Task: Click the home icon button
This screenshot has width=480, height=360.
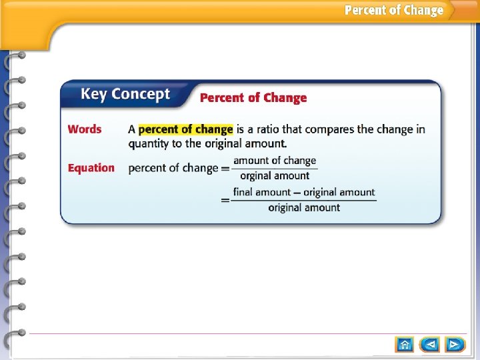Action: point(405,345)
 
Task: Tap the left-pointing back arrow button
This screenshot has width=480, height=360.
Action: point(430,345)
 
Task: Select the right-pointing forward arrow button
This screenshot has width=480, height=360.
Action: point(455,345)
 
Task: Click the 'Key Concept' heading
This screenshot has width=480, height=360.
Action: point(125,95)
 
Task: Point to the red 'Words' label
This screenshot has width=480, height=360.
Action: point(85,129)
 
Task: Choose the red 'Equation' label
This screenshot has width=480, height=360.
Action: point(91,168)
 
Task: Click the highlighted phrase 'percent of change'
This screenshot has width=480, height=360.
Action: point(186,129)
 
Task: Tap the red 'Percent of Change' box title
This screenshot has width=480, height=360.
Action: point(253,98)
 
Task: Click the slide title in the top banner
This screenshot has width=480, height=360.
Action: point(393,10)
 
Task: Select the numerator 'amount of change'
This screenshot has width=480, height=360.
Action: point(275,161)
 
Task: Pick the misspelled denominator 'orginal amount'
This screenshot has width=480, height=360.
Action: point(275,176)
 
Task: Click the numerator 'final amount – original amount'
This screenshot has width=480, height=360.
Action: point(304,192)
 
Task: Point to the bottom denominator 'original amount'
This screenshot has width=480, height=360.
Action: point(304,207)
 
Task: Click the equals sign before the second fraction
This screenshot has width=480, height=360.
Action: point(226,199)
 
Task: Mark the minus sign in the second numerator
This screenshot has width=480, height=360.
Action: point(299,193)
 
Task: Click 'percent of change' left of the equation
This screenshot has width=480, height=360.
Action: point(173,168)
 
